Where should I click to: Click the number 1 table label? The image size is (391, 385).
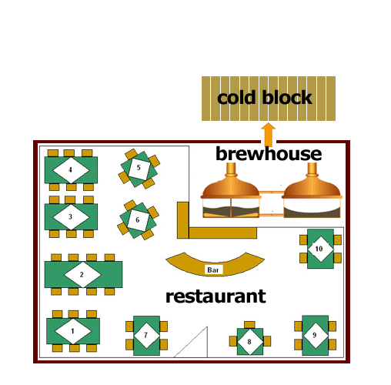(x=73, y=331)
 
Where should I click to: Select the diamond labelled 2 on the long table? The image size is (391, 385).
(x=82, y=274)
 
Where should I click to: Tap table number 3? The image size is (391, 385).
(x=71, y=217)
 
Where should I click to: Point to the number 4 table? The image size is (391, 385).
(x=71, y=169)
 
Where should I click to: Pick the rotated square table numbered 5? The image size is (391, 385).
(x=139, y=169)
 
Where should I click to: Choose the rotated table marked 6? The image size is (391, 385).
(x=138, y=220)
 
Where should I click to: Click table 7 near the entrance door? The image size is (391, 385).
(x=146, y=336)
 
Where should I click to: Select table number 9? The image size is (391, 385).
(x=316, y=335)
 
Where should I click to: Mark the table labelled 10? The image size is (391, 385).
(x=320, y=249)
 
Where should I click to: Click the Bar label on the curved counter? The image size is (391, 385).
(x=213, y=270)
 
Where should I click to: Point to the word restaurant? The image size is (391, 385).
(x=216, y=296)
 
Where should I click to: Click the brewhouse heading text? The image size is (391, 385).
(x=269, y=153)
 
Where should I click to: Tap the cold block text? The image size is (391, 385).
(x=265, y=98)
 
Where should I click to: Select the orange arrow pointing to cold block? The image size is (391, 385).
(x=269, y=135)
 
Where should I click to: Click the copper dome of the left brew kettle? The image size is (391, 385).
(x=231, y=187)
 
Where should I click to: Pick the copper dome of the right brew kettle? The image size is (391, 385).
(x=312, y=187)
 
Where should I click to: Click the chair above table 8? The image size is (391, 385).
(x=249, y=325)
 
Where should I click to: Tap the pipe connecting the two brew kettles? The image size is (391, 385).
(x=272, y=192)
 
